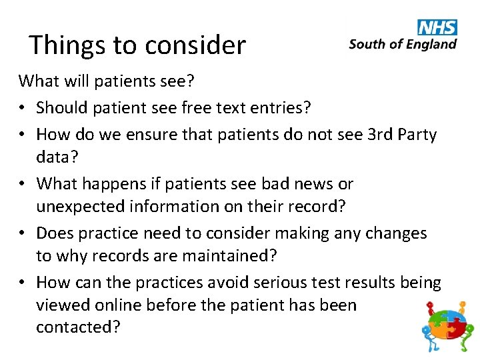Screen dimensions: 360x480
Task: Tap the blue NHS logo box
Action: (x=437, y=27)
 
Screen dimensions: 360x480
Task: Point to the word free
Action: (x=199, y=108)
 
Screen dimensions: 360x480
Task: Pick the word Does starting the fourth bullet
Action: (x=55, y=233)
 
